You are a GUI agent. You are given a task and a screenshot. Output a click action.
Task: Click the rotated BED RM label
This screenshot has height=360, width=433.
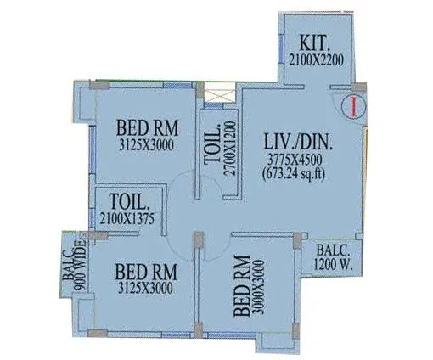pos(240,284)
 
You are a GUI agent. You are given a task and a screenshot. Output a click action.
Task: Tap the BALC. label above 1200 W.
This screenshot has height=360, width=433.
pos(329,250)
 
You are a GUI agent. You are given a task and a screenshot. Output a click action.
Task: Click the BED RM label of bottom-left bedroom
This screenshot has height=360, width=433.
pos(145,273)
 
